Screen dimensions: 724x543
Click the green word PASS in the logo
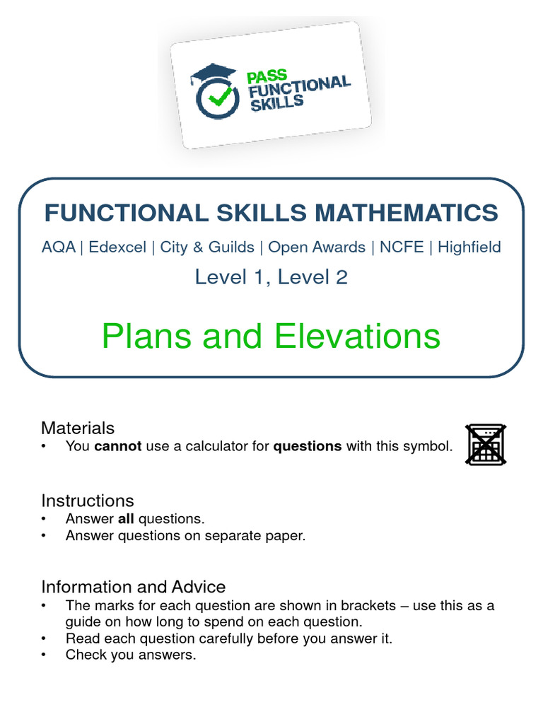[x=266, y=74]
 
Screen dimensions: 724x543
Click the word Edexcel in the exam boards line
[x=117, y=247]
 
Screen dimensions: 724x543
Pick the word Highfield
[x=469, y=247]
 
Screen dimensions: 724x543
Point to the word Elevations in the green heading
[x=357, y=337]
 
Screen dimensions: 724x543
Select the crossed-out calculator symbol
[x=485, y=445]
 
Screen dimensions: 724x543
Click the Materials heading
[x=78, y=428]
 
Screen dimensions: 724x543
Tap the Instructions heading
[x=87, y=501]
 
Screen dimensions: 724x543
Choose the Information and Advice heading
[x=133, y=587]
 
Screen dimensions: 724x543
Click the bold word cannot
[x=118, y=446]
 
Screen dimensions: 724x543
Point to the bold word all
[x=125, y=519]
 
